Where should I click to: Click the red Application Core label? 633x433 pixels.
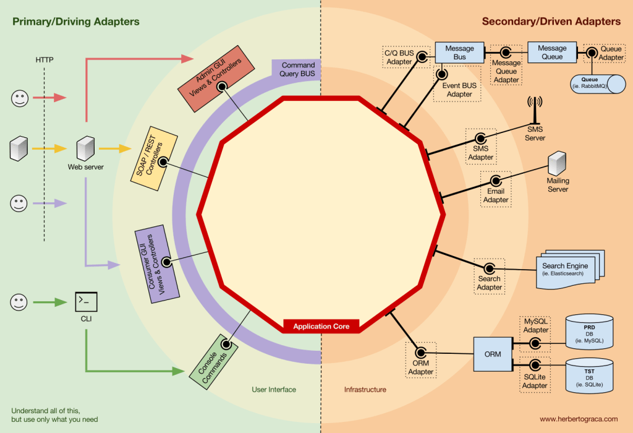pos(321,326)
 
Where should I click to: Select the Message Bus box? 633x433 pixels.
pos(459,53)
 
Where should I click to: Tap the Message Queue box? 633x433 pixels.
pos(551,53)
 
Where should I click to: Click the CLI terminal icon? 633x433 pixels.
pos(85,302)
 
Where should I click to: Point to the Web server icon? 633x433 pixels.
pos(85,148)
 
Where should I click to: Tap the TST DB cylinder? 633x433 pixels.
pos(590,375)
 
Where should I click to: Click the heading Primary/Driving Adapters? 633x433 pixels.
pos(75,22)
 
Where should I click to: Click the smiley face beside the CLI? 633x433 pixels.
pos(20,302)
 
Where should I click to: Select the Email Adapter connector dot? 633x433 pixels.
pos(496,182)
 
